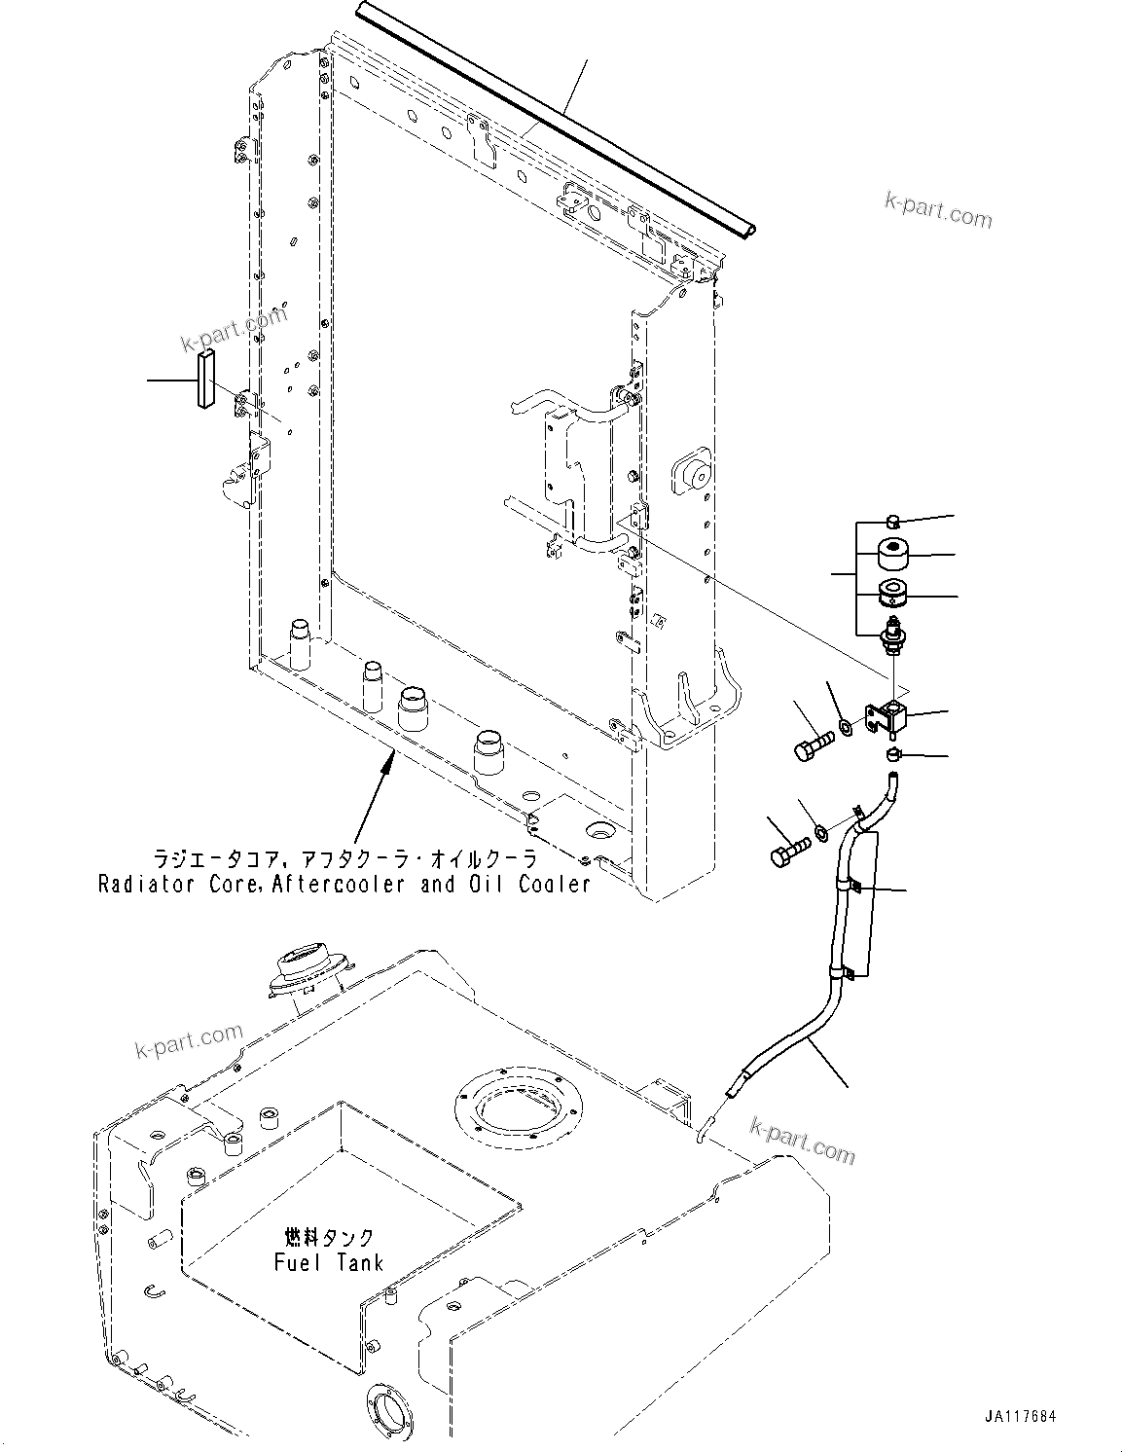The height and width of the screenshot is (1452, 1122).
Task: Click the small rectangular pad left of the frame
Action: pos(205,381)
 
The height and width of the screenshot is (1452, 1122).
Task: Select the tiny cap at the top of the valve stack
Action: pos(894,520)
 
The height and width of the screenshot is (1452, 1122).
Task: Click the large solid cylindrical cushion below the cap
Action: pos(893,556)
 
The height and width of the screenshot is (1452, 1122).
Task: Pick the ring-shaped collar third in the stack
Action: pos(893,593)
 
